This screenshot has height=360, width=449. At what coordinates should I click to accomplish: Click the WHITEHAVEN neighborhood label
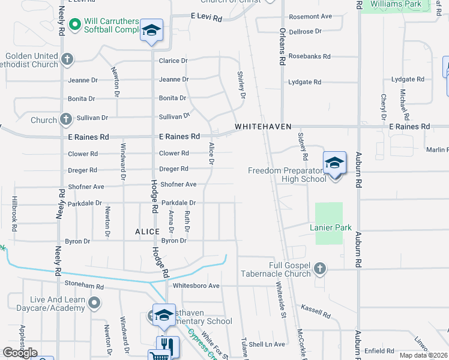point(263,127)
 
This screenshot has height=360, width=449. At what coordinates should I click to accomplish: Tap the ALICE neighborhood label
point(147,232)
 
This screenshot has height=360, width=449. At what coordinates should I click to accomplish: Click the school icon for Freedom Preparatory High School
point(334,163)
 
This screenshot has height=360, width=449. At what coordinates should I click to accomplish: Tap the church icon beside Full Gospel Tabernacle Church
point(320,269)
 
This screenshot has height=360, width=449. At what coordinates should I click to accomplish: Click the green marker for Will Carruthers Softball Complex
point(75,25)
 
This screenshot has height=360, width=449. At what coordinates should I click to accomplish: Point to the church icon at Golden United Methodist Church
point(67,59)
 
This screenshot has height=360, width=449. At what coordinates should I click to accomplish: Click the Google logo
point(20,353)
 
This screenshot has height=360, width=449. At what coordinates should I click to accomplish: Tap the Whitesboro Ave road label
point(196,286)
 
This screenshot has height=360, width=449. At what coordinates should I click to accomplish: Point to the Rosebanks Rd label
point(309,56)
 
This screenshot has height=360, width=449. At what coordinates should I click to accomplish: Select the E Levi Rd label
point(206,17)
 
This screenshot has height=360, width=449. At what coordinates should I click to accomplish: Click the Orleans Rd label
point(282,46)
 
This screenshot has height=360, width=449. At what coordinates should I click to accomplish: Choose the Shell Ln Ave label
point(267,344)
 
